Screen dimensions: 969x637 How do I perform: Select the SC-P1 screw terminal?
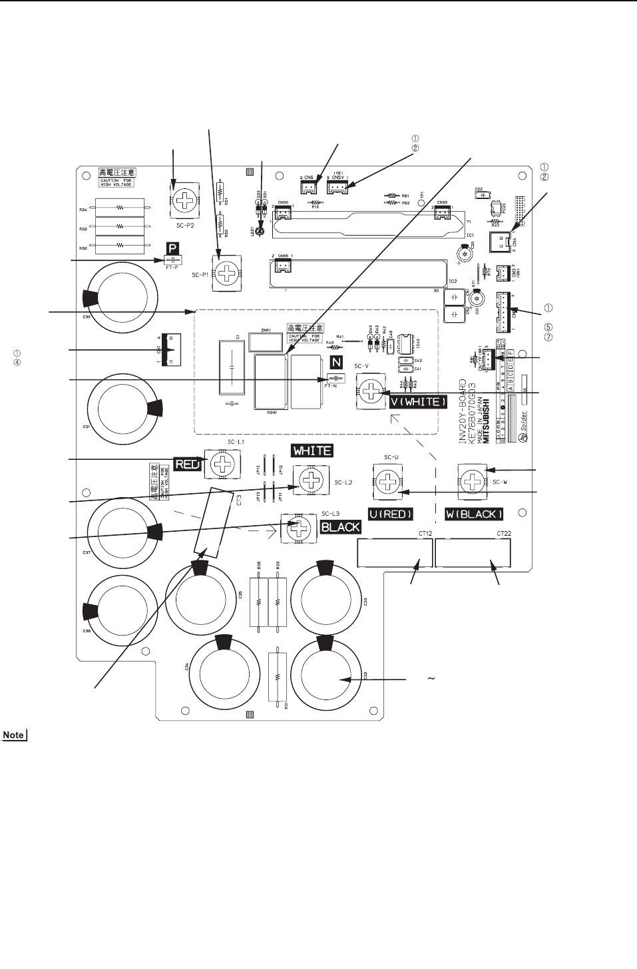click(x=227, y=273)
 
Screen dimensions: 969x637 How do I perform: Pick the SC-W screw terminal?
click(x=472, y=481)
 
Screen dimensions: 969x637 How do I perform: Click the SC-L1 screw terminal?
click(x=219, y=463)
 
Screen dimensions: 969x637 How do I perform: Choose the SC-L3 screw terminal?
click(x=299, y=528)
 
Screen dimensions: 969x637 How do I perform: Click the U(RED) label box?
click(x=391, y=514)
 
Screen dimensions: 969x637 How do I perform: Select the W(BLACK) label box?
click(x=474, y=514)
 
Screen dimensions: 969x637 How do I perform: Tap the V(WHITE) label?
click(x=419, y=402)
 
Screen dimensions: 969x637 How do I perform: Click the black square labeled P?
click(x=172, y=248)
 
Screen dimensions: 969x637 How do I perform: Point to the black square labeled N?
click(x=337, y=363)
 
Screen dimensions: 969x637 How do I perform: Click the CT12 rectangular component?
click(x=395, y=553)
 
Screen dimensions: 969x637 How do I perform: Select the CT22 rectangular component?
click(x=473, y=553)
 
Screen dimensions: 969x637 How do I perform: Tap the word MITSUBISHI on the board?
click(x=486, y=421)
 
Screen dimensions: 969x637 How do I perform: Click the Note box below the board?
click(x=14, y=735)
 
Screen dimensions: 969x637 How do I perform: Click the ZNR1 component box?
click(x=264, y=343)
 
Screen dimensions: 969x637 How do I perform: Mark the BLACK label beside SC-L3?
click(x=340, y=527)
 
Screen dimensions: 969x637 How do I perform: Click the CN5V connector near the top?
click(x=337, y=188)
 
